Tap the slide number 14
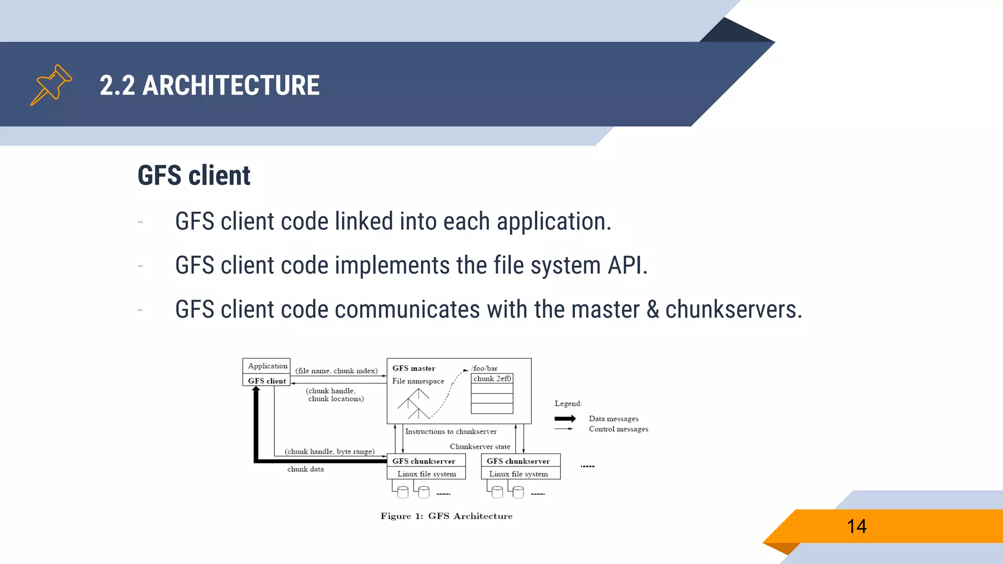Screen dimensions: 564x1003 click(x=857, y=526)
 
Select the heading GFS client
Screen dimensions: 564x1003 click(x=194, y=175)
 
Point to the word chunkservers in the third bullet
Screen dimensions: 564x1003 click(x=733, y=309)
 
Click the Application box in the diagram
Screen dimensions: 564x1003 click(x=267, y=366)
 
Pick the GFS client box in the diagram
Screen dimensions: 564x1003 click(x=267, y=380)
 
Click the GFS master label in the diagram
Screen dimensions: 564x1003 click(x=414, y=368)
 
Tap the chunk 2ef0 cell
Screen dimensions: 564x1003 click(x=492, y=378)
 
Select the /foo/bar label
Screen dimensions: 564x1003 click(x=484, y=368)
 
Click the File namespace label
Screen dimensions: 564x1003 click(x=418, y=381)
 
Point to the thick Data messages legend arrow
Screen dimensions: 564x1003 click(x=565, y=419)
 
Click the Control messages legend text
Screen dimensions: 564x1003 click(x=619, y=429)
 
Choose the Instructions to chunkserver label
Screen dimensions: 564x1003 click(x=451, y=431)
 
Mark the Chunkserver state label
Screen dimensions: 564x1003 click(x=480, y=446)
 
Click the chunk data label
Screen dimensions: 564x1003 click(x=306, y=469)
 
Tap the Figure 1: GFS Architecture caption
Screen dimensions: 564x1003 click(x=447, y=516)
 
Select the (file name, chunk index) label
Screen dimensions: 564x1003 click(x=336, y=371)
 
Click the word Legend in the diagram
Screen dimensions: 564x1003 click(x=568, y=403)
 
